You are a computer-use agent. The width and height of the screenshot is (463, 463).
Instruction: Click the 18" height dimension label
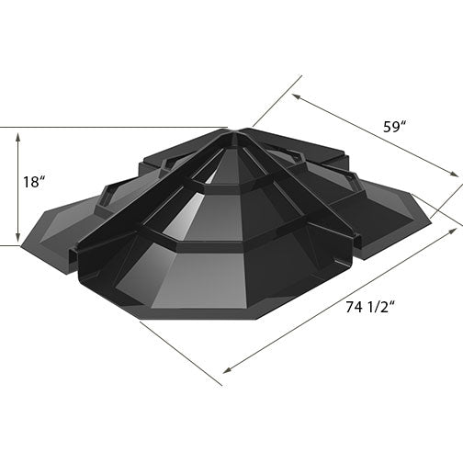coord(34,182)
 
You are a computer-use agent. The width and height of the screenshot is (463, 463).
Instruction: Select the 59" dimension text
coord(396,128)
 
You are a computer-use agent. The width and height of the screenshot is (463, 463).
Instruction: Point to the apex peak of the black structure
coord(235,131)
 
